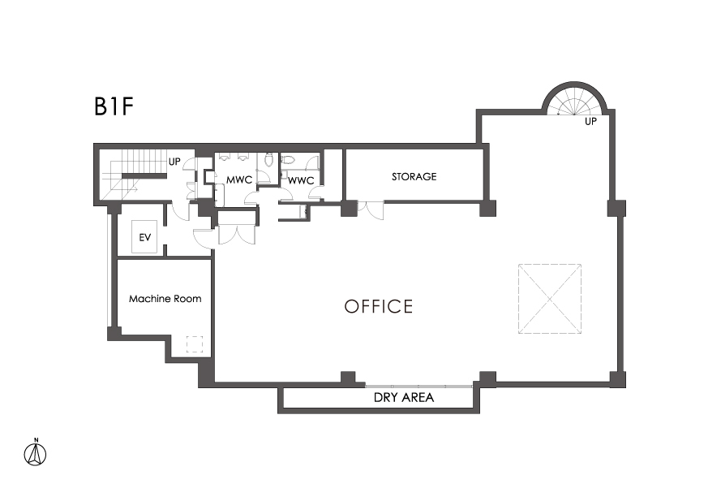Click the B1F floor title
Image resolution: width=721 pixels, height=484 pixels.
click(114, 106)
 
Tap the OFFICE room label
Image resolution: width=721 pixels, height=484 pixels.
click(379, 306)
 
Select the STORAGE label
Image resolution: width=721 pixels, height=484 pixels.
click(414, 176)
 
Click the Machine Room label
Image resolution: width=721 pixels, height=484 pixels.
click(165, 299)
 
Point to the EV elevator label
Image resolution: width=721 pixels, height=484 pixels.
click(145, 238)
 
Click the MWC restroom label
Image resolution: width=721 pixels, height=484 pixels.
click(239, 179)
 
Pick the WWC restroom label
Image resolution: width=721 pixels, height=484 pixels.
click(301, 180)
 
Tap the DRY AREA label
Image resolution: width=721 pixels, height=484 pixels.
click(404, 397)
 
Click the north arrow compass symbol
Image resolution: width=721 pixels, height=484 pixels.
click(36, 453)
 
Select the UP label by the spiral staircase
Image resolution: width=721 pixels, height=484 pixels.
click(590, 122)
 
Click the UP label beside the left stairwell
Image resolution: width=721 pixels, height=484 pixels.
click(174, 162)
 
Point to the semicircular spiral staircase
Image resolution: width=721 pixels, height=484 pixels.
click(575, 100)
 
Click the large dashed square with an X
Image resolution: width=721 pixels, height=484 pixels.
click(550, 298)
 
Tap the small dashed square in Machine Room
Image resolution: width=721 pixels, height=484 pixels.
click(195, 344)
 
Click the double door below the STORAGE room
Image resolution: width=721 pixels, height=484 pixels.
click(371, 210)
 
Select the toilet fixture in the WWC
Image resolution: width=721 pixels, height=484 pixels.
click(287, 160)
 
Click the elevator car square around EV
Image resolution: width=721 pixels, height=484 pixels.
click(144, 236)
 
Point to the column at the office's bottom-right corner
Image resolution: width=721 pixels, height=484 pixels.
click(617, 379)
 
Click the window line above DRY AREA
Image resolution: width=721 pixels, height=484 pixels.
click(418, 386)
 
